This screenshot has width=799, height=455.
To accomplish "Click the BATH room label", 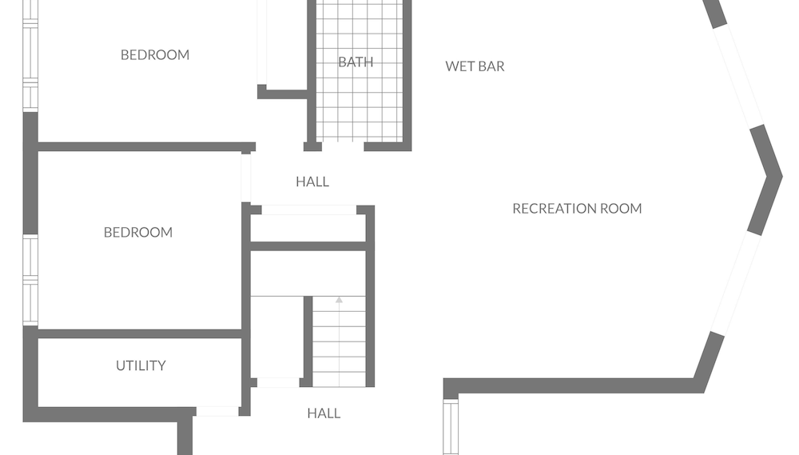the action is point(356,62).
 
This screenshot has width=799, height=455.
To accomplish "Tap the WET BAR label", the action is point(475,66).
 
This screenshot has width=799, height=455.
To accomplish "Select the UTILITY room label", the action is point(141,365).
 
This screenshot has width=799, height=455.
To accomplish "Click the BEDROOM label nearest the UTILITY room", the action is point(138,233).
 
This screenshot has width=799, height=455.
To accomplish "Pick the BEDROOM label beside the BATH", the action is point(155,55).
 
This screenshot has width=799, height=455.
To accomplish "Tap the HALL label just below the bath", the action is point(312,182).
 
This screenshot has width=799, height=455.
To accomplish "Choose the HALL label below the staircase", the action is point(324,413).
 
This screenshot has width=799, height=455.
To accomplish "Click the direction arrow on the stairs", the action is point(339,300).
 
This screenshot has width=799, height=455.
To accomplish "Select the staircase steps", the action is point(339,341).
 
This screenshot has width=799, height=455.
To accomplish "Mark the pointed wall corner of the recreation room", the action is point(780,177).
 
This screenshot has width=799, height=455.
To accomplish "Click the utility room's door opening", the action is point(217,411).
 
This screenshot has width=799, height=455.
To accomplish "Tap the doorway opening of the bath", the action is point(343,146).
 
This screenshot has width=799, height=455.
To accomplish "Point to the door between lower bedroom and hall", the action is point(245,178).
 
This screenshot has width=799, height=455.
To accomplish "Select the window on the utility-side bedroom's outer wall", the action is point(30,280).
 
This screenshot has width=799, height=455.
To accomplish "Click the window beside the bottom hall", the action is point(451,427).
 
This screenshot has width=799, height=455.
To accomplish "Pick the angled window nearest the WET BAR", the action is point(738,74).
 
